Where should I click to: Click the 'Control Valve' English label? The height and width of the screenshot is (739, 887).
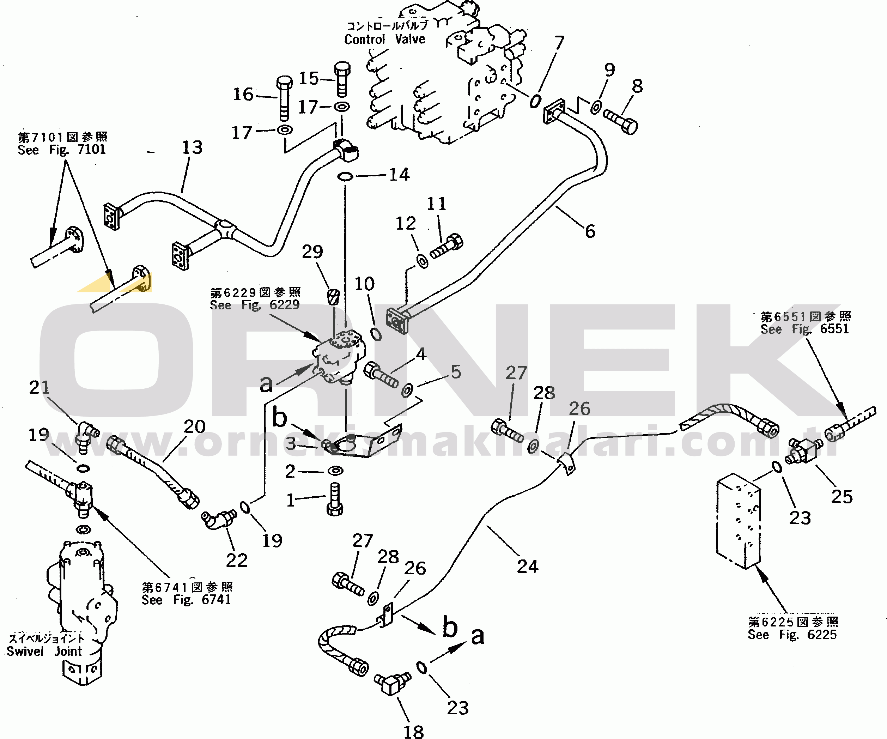384,39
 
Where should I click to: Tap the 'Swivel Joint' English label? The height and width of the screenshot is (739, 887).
44,651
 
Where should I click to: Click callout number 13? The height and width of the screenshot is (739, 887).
192,147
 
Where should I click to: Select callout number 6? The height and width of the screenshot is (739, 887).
590,231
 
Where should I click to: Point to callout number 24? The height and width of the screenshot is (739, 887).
527,567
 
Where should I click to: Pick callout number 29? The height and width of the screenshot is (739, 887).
312,252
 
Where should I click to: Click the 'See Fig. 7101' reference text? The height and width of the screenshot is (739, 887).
62,150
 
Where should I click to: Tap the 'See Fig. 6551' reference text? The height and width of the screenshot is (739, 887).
804,329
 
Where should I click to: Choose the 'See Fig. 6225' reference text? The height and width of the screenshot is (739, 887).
792,634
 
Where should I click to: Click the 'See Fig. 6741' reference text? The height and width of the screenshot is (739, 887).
186,600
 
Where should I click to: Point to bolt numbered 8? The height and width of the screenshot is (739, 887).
621,121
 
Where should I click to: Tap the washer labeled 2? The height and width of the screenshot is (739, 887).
335,470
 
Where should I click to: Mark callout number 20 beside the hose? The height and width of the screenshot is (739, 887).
194,427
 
